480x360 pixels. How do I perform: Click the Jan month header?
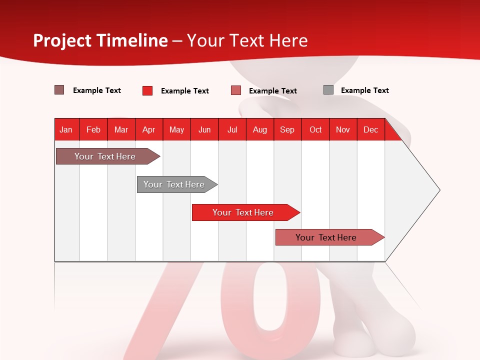[x=66, y=129]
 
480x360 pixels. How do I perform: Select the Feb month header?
[x=93, y=129]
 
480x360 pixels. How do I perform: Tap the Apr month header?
[x=149, y=129]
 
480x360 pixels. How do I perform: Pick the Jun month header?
[x=204, y=129]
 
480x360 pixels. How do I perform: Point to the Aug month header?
[x=260, y=129]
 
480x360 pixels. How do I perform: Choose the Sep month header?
[x=287, y=129]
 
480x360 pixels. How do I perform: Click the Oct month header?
[x=315, y=129]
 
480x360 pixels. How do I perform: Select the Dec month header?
[x=371, y=129]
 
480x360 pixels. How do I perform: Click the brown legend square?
[x=59, y=90]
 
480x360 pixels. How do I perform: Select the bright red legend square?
[x=147, y=90]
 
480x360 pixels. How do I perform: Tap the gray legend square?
[x=328, y=90]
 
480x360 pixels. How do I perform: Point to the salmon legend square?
[x=236, y=90]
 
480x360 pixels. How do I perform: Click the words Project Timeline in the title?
[x=100, y=40]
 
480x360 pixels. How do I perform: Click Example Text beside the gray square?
[x=364, y=90]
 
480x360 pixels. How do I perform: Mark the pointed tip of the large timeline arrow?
[x=439, y=190]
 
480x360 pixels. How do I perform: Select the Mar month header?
[x=121, y=129]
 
